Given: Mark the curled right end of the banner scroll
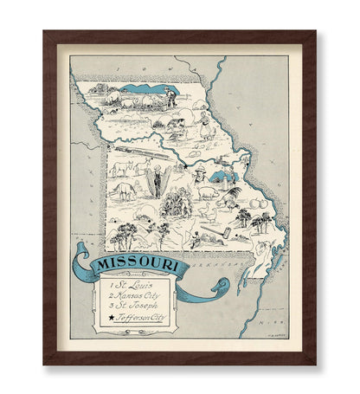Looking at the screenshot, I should point(222,285).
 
